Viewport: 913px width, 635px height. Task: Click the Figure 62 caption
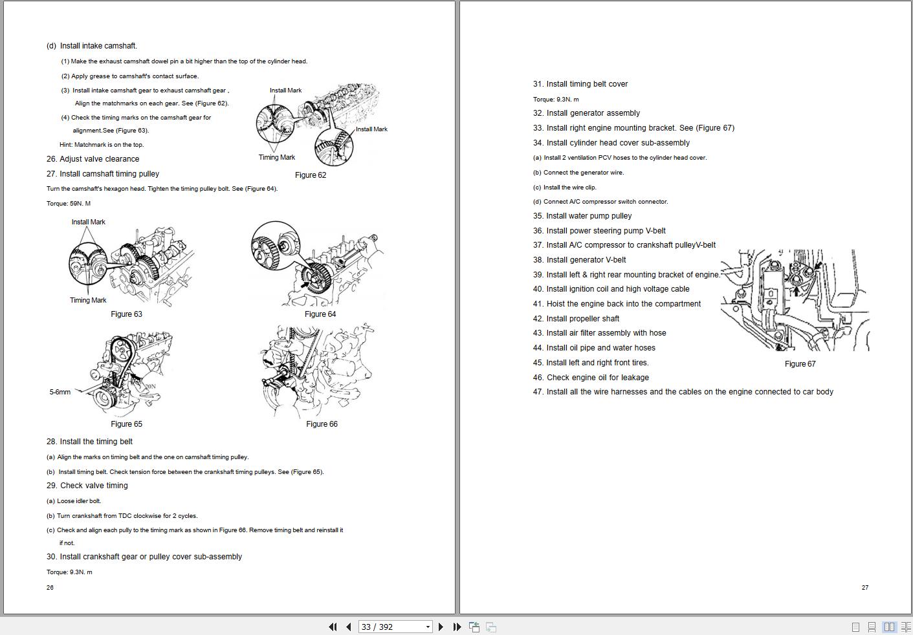pyautogui.click(x=311, y=175)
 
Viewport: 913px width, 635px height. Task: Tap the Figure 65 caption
pyautogui.click(x=126, y=424)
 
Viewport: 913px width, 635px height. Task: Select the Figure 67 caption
pyautogui.click(x=800, y=364)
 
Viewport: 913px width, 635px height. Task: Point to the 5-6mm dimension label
pyautogui.click(x=60, y=392)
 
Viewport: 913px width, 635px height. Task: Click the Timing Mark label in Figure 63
pyautogui.click(x=88, y=300)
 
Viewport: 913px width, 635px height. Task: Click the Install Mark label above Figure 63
pyautogui.click(x=88, y=222)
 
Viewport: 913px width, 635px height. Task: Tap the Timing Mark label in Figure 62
pyautogui.click(x=276, y=157)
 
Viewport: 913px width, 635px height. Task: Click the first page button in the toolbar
pyautogui.click(x=333, y=627)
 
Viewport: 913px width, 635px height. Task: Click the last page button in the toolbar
pyautogui.click(x=457, y=627)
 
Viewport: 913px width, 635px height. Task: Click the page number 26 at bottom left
pyautogui.click(x=50, y=588)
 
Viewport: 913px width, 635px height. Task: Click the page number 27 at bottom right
pyautogui.click(x=865, y=588)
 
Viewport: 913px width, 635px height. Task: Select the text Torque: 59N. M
pyautogui.click(x=69, y=204)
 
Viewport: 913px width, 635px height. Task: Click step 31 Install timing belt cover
pyautogui.click(x=580, y=84)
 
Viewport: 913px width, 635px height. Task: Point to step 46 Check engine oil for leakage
pyautogui.click(x=591, y=378)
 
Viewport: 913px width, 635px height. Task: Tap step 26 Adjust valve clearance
pyautogui.click(x=93, y=159)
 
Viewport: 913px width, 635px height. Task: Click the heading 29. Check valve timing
pyautogui.click(x=87, y=486)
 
